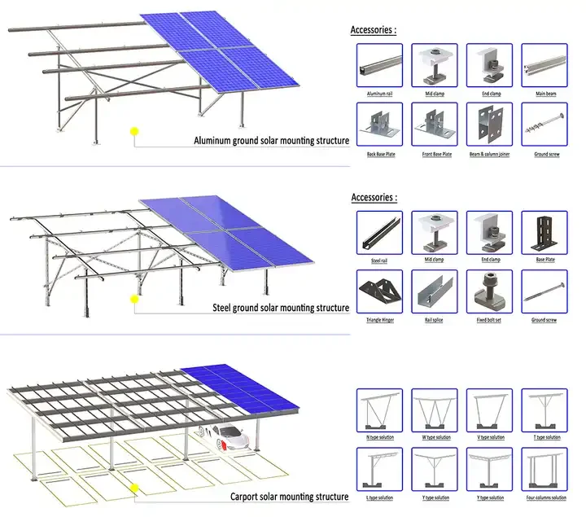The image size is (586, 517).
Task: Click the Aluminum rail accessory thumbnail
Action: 379,64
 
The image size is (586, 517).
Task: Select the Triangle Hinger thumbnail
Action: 379,291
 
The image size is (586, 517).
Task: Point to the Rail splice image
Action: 435,291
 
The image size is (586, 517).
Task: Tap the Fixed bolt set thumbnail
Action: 490,291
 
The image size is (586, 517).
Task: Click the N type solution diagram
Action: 379,410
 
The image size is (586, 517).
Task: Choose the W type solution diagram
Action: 435,410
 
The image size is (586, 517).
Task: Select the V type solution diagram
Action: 490,410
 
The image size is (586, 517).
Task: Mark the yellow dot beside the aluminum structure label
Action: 135,130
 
